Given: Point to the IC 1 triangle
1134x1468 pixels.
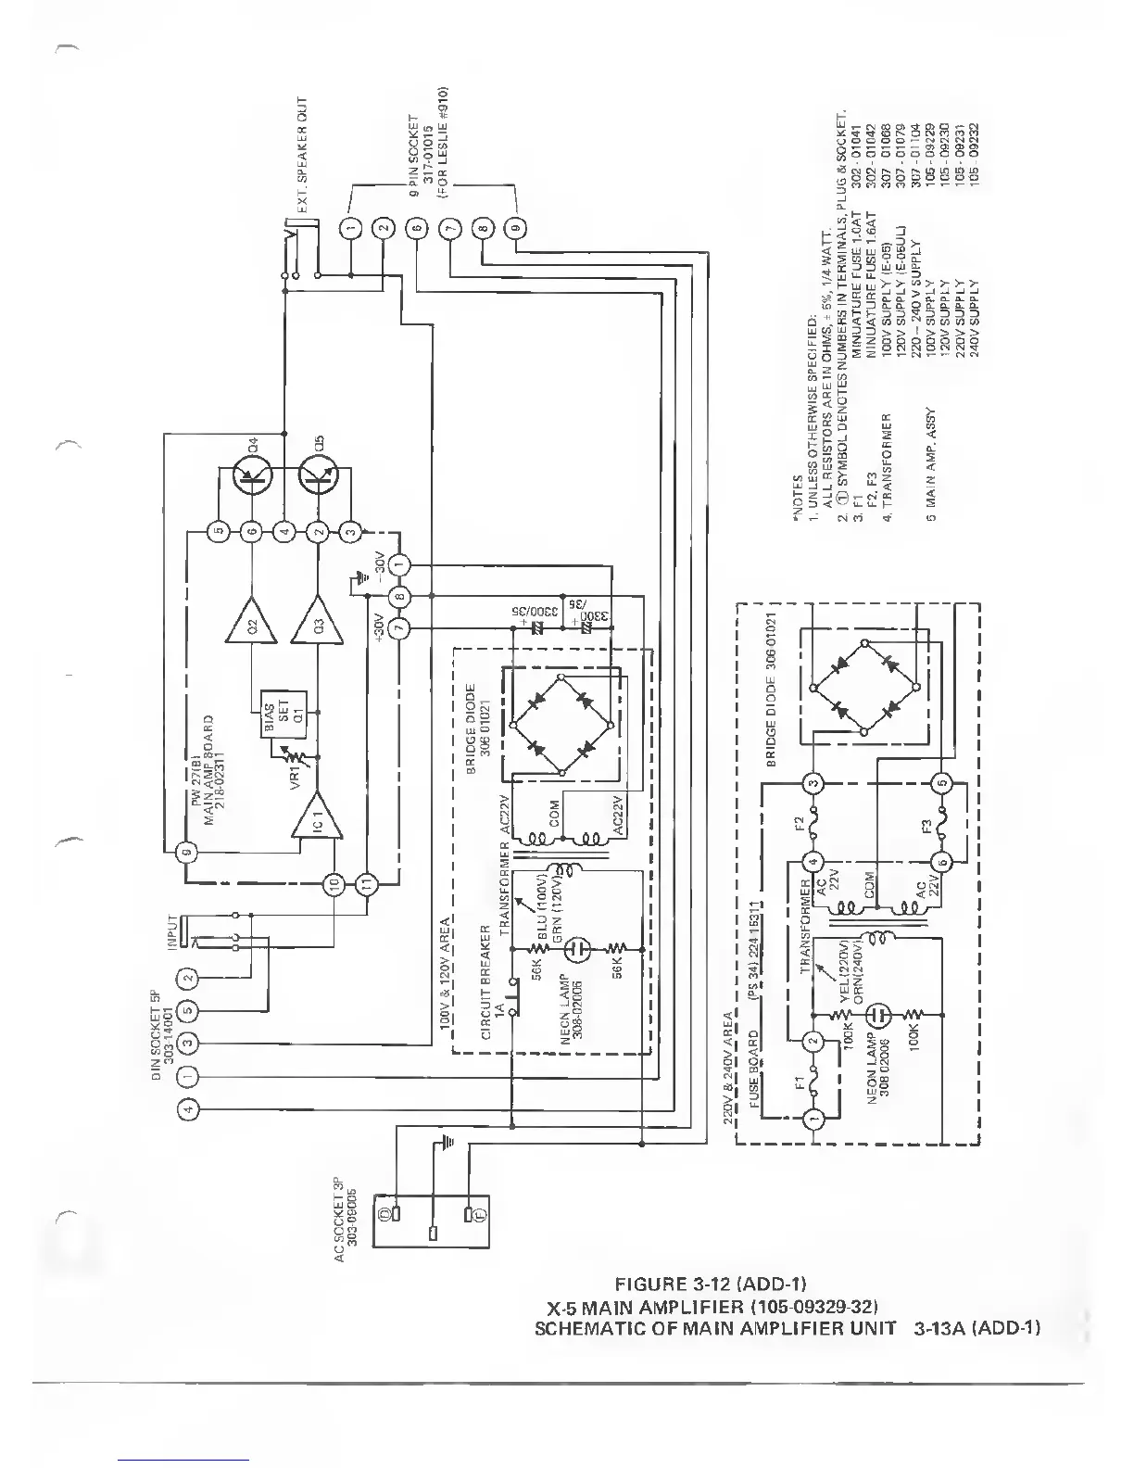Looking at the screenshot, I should point(314,816).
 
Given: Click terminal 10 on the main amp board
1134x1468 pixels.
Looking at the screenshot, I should point(335,884).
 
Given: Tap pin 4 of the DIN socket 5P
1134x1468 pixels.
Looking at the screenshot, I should point(186,1108).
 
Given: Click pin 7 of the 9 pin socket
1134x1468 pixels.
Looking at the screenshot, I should point(450,228).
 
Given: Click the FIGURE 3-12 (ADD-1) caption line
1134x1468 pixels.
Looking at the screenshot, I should point(710,1284).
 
